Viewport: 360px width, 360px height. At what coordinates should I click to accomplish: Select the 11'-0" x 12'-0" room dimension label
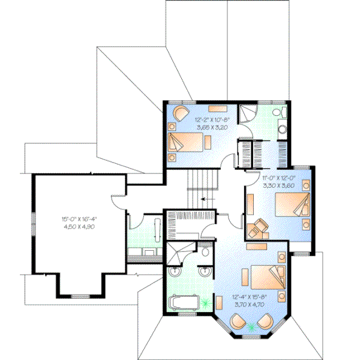coord(278,182)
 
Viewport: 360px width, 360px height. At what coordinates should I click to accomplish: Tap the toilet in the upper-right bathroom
coord(277,113)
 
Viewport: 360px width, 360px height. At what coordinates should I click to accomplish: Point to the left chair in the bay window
coord(236,323)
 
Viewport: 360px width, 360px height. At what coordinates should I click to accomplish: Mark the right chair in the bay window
coord(263,324)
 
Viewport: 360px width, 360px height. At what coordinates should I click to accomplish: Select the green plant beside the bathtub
coord(208,304)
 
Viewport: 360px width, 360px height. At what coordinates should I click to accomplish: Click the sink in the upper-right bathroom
coord(281,128)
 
